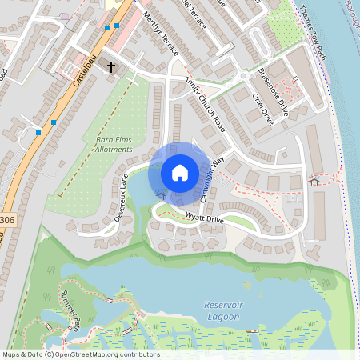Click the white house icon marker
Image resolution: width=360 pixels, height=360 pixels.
tap(180, 173)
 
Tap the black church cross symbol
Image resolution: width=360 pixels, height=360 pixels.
tap(112, 69)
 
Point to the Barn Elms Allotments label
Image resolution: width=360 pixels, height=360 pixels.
tap(114, 145)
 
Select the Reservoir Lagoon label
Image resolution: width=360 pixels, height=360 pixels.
tap(222, 310)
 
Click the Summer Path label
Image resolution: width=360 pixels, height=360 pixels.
tap(70, 310)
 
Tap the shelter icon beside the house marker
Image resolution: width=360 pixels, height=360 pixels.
tap(160, 194)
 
